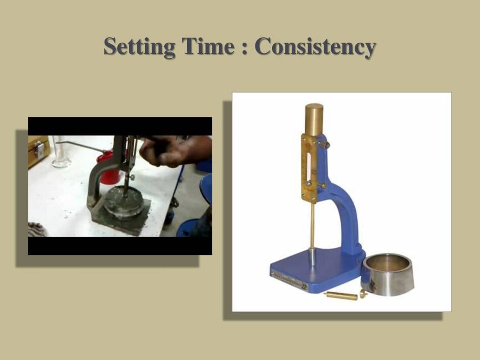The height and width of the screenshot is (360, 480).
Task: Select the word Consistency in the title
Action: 315,47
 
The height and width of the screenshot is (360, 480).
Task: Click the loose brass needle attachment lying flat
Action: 341,295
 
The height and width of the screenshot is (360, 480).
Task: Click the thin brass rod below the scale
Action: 313,224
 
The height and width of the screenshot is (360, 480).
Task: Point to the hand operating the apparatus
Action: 171,151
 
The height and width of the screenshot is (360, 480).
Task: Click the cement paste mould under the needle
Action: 123,202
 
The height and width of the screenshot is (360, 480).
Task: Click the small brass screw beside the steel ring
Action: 364,293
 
